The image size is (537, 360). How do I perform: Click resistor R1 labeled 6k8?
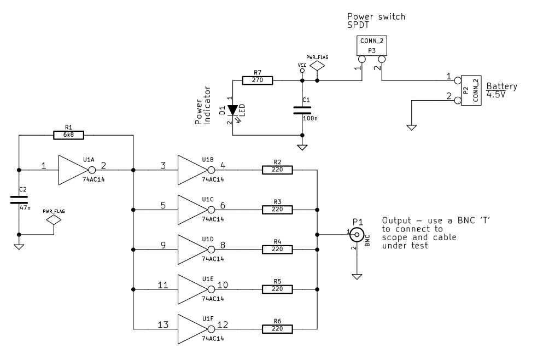pos(69,135)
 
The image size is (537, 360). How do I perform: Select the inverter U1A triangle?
pos(72,170)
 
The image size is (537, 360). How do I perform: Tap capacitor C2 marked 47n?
pos(19,200)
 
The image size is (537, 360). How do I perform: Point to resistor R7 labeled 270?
pos(258,80)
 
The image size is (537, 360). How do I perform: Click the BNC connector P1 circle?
pos(357,235)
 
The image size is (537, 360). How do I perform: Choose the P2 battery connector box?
pos(471,90)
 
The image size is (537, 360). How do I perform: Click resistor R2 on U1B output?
pos(277,170)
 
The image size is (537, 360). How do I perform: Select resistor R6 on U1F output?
pos(277,329)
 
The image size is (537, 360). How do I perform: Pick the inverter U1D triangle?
pos(191,249)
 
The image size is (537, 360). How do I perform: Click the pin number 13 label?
pos(163,325)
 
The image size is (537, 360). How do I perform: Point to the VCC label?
pos(302,65)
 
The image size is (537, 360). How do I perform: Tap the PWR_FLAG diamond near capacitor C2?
pos(54,220)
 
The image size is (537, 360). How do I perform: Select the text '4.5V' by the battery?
pos(496,95)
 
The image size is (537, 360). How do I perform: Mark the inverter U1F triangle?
pos(191,329)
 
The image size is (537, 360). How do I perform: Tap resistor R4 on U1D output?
pos(277,249)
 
